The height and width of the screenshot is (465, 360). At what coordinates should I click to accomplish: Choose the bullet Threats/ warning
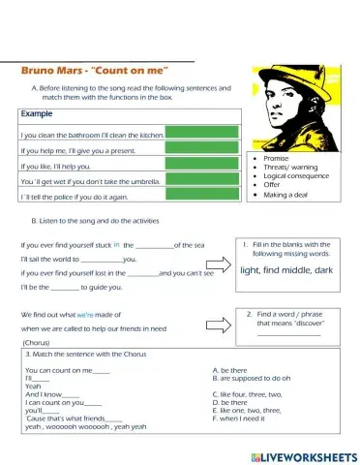289,166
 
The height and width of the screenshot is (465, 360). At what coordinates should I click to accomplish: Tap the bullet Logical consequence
294,175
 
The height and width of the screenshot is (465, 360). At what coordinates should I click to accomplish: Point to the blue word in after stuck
116,245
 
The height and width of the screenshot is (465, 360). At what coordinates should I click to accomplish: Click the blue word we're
85,315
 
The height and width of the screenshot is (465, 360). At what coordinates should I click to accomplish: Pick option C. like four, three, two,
255,394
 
